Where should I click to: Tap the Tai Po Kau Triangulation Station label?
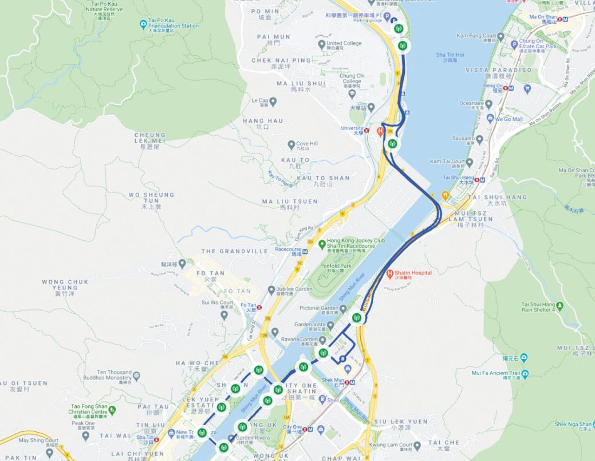click(173, 26)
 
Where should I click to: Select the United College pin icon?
click(321, 44)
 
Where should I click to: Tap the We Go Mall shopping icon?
click(489, 119)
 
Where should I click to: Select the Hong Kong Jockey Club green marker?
click(322, 244)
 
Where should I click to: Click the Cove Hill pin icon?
click(291, 144)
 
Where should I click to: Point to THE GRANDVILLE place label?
click(235, 251)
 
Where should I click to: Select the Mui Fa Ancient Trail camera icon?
click(525, 373)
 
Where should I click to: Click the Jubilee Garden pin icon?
click(271, 290)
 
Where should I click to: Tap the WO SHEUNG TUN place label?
click(151, 201)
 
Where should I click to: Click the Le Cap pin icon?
click(274, 100)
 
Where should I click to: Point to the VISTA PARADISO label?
click(499, 70)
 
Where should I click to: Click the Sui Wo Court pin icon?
click(224, 316)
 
